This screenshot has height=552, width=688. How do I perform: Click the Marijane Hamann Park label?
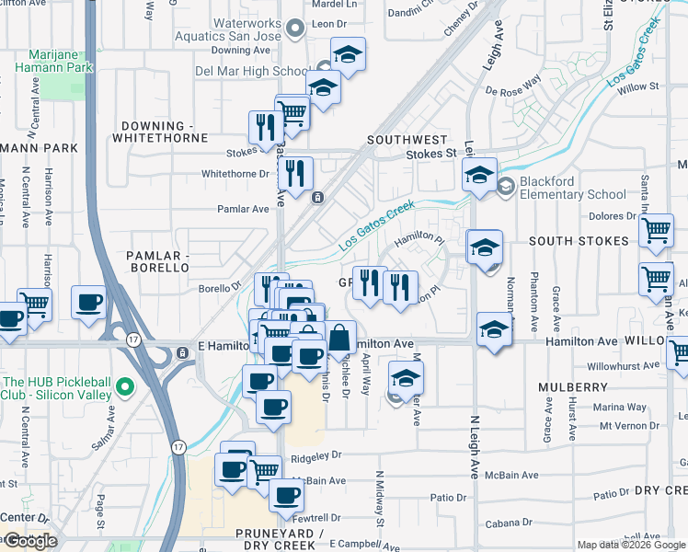pyautogui.click(x=54, y=61)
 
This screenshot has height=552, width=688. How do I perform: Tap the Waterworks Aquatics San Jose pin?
pyautogui.click(x=294, y=30)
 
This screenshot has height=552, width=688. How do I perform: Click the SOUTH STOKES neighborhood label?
pyautogui.click(x=578, y=241)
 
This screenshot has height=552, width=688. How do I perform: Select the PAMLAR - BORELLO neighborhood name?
pyautogui.click(x=151, y=259)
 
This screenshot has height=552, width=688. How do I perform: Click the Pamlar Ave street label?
pyautogui.click(x=243, y=208)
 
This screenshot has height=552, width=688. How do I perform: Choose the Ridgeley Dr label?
pyautogui.click(x=315, y=454)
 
